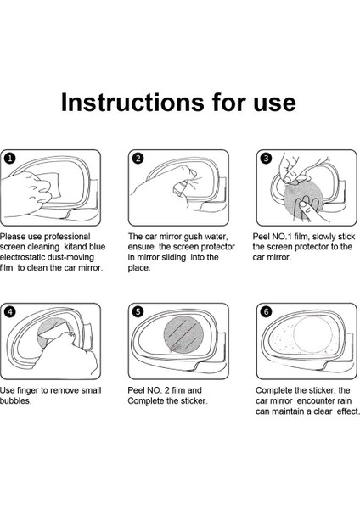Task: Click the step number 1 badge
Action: coord(11,159)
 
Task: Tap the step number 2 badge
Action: coord(138,159)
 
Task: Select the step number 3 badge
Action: coord(266,159)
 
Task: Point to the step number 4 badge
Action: coord(11,312)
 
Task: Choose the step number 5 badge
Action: coord(138,312)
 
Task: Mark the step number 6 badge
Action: coord(266,312)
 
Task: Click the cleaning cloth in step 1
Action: coord(49,186)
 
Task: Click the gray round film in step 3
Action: coord(303,199)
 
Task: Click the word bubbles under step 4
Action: coord(15,401)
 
